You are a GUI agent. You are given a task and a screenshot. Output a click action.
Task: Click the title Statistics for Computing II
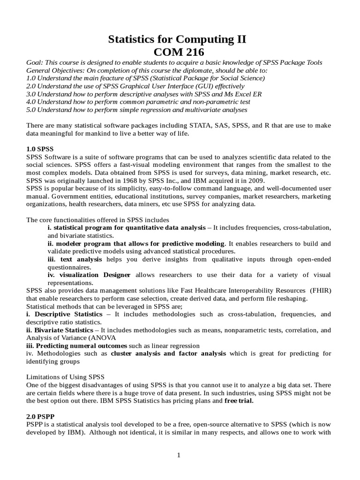coord(177,40)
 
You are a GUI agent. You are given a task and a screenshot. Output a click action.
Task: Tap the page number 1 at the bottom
coord(179,455)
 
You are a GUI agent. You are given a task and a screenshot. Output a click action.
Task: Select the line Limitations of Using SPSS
coord(65,377)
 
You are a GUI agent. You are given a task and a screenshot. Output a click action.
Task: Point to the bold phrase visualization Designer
coord(90,275)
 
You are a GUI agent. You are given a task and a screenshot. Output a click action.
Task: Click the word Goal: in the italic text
coord(35,63)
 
